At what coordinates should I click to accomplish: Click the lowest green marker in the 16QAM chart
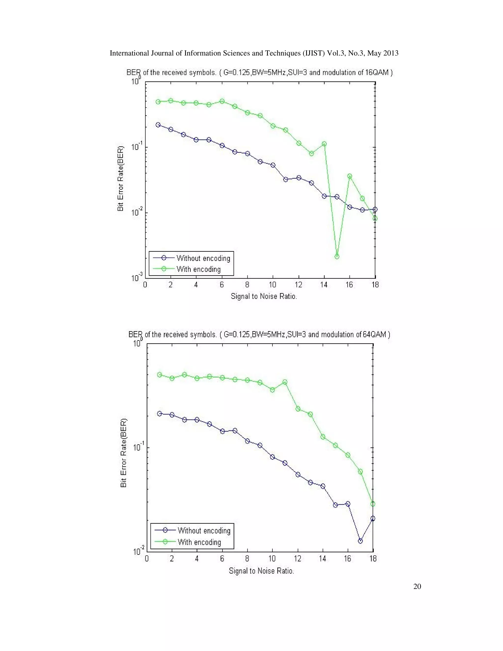(337, 256)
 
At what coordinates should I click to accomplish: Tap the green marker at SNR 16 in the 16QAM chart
(349, 176)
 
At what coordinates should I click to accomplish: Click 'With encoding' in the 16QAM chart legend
(198, 269)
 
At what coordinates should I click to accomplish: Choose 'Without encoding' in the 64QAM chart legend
(204, 530)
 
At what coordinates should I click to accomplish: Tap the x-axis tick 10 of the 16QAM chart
(272, 285)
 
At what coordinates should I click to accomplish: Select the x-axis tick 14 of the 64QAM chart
(322, 558)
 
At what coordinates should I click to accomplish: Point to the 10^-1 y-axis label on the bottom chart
(138, 447)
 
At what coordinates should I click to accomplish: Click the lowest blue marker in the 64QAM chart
(360, 541)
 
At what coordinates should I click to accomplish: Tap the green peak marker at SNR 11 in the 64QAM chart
(285, 382)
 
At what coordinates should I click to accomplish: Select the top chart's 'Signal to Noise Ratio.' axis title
(264, 296)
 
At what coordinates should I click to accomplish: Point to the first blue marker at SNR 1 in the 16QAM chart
(158, 125)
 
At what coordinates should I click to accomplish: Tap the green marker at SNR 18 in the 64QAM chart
(373, 504)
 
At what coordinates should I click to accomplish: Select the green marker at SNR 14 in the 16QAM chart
(324, 144)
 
